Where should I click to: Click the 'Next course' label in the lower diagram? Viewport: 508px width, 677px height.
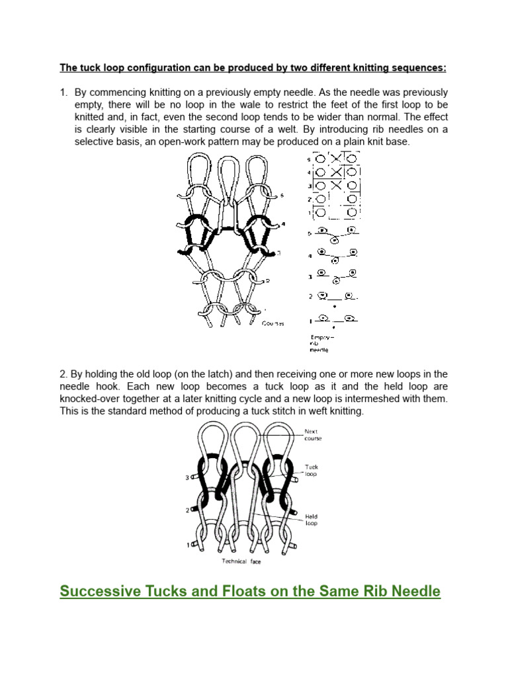[x=312, y=434]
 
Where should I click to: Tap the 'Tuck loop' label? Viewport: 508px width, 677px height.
[x=312, y=471]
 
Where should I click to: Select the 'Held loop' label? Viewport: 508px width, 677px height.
[x=312, y=518]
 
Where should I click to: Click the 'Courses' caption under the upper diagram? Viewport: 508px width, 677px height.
[x=273, y=323]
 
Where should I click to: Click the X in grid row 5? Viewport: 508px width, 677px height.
[x=337, y=159]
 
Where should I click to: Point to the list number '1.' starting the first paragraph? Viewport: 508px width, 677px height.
[x=64, y=92]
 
